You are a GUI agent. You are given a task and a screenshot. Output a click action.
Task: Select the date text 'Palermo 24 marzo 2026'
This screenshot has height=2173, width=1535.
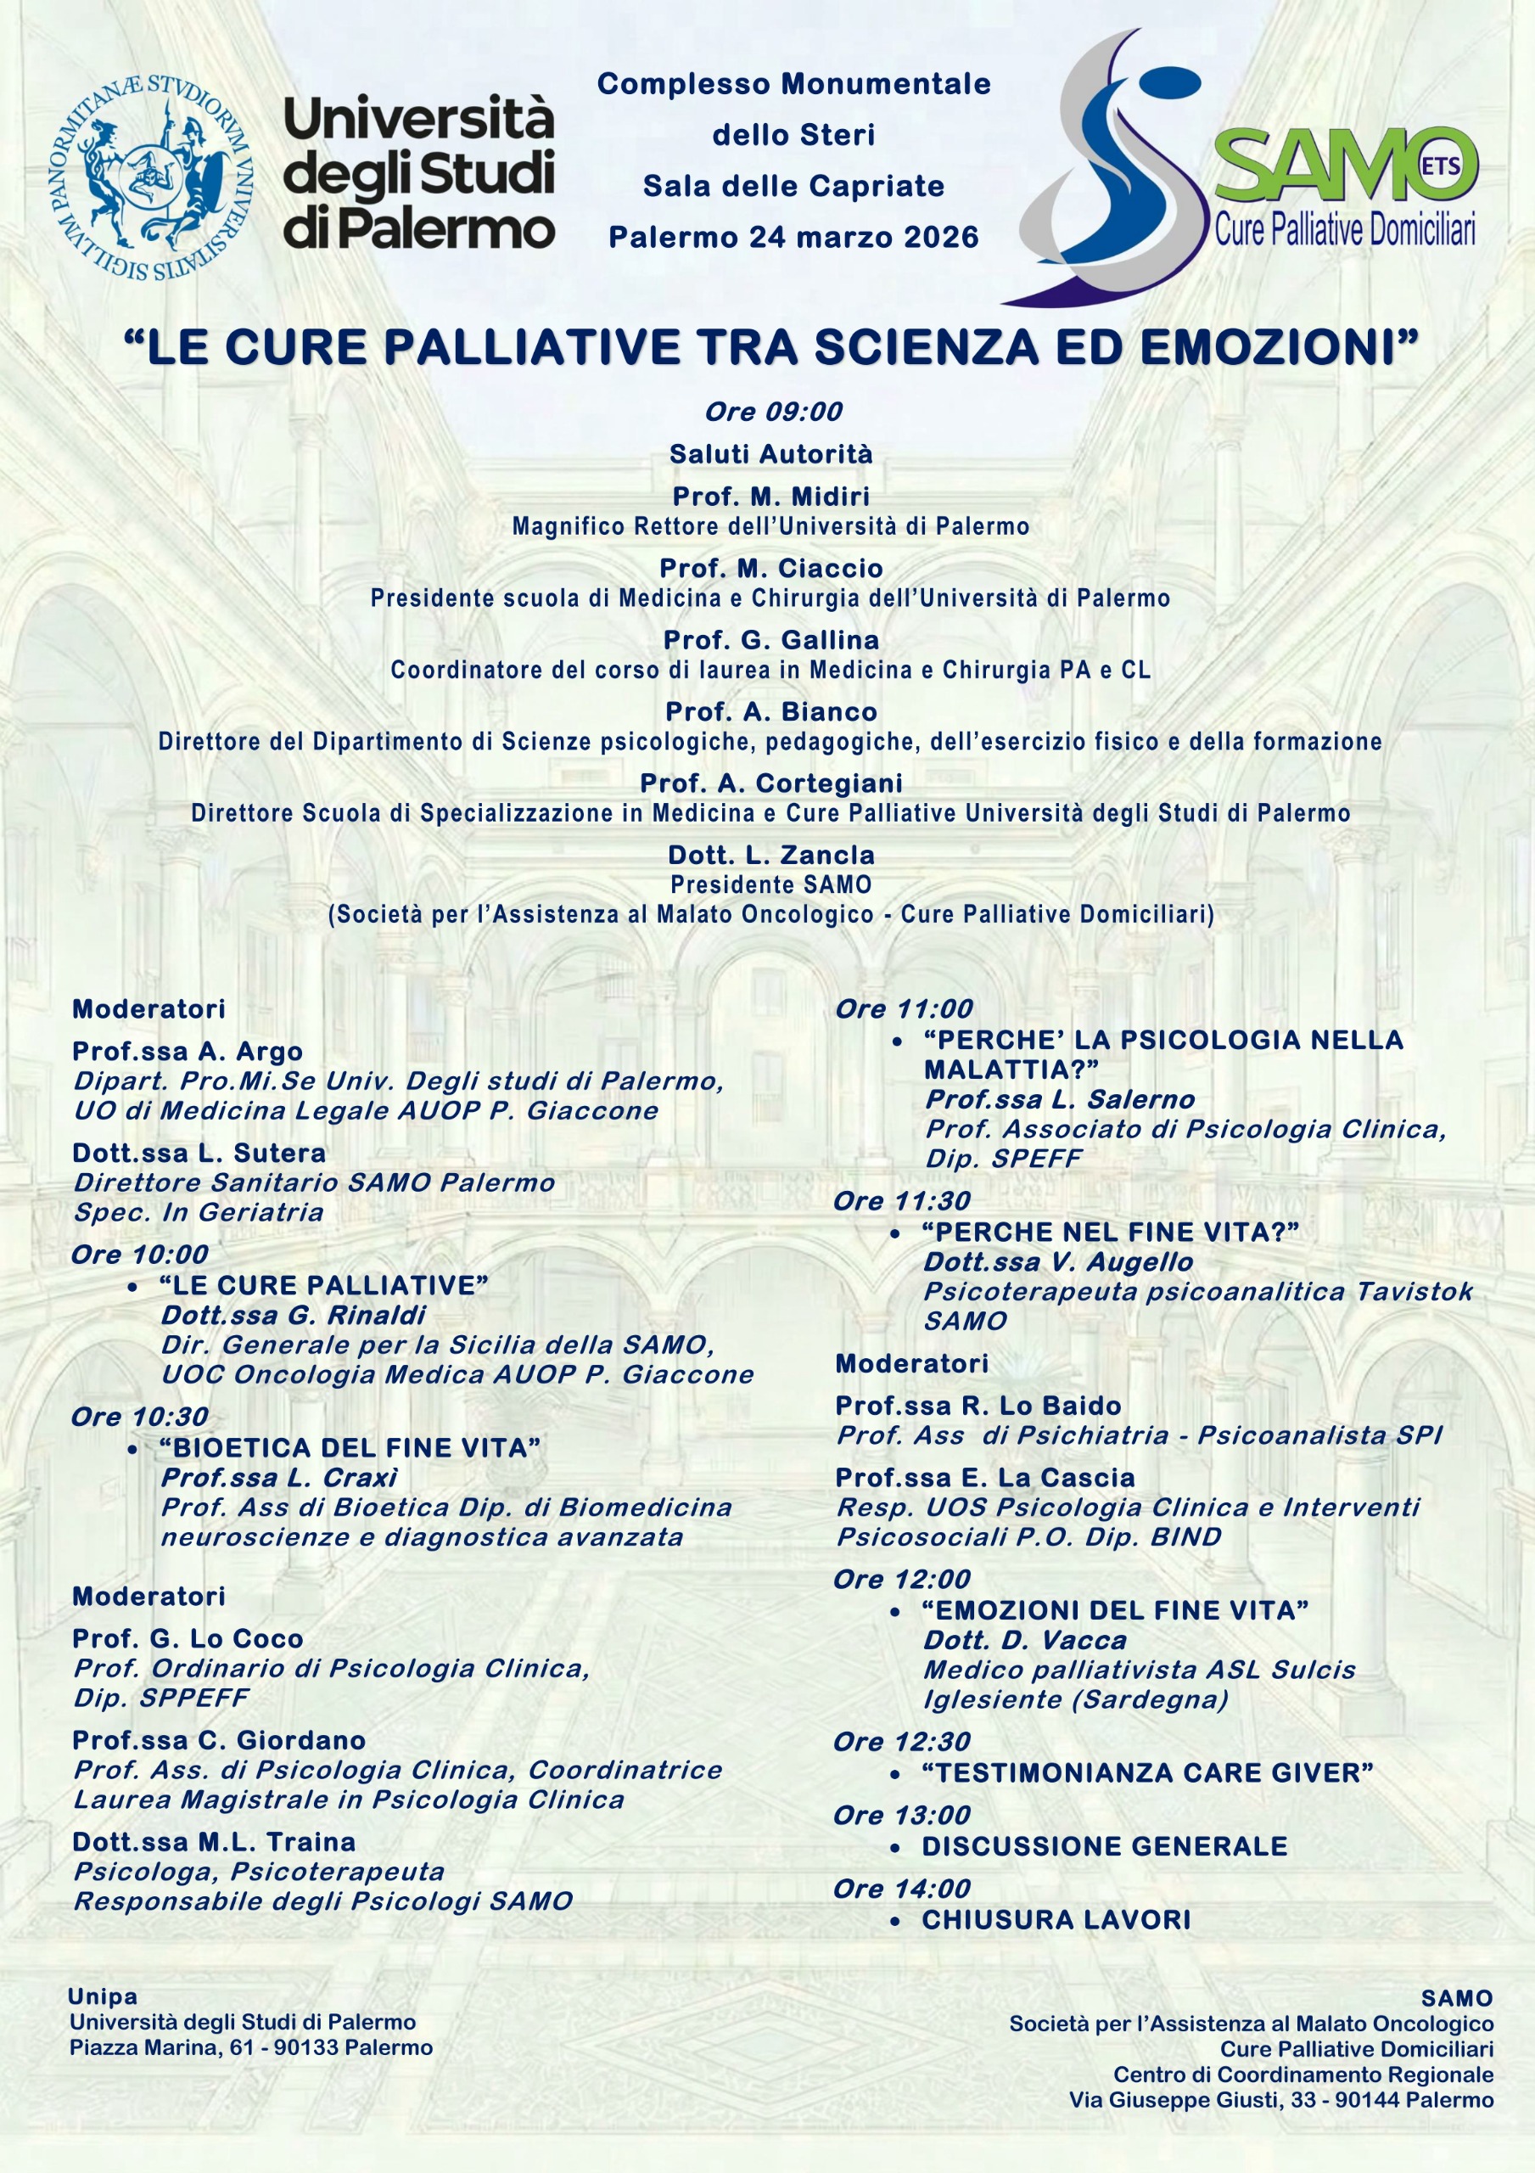pyautogui.click(x=793, y=237)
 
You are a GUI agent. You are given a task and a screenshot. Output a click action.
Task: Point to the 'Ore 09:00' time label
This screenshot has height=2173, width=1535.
pyautogui.click(x=773, y=412)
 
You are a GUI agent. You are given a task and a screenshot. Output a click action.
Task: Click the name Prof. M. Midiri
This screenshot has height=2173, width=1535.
pyautogui.click(x=771, y=496)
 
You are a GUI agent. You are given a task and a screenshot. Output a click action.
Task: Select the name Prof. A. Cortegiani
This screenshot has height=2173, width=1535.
pyautogui.click(x=771, y=783)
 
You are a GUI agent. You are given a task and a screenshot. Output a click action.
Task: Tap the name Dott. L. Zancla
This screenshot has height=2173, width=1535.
pyautogui.click(x=771, y=855)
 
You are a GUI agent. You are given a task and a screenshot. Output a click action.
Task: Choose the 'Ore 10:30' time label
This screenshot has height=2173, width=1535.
pyautogui.click(x=140, y=1417)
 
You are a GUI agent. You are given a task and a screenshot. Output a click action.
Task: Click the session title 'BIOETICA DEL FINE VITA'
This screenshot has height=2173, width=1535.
pyautogui.click(x=350, y=1448)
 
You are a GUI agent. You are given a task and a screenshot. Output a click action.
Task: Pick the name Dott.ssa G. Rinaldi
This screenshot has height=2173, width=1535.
pyautogui.click(x=294, y=1316)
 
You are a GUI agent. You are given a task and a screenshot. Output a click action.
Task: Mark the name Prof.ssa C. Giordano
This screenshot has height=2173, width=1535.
pyautogui.click(x=219, y=1739)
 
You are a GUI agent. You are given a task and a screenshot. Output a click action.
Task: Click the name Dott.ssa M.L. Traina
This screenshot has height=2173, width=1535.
pyautogui.click(x=214, y=1842)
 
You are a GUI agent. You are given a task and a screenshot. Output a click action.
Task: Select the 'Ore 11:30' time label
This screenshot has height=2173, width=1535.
pyautogui.click(x=902, y=1201)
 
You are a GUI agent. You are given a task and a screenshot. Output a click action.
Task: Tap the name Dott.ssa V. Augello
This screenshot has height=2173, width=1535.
pyautogui.click(x=1058, y=1261)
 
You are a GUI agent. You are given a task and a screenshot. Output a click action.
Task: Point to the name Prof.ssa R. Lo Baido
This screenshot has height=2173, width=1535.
pyautogui.click(x=978, y=1406)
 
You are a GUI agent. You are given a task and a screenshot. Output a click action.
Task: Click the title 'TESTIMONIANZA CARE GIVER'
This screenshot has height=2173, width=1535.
pyautogui.click(x=1147, y=1772)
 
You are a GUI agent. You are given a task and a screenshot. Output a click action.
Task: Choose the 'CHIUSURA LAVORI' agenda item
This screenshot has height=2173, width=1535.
pyautogui.click(x=1056, y=1919)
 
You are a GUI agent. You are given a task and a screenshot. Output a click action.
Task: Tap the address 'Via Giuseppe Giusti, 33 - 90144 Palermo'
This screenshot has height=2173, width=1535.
pyautogui.click(x=1281, y=2100)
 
